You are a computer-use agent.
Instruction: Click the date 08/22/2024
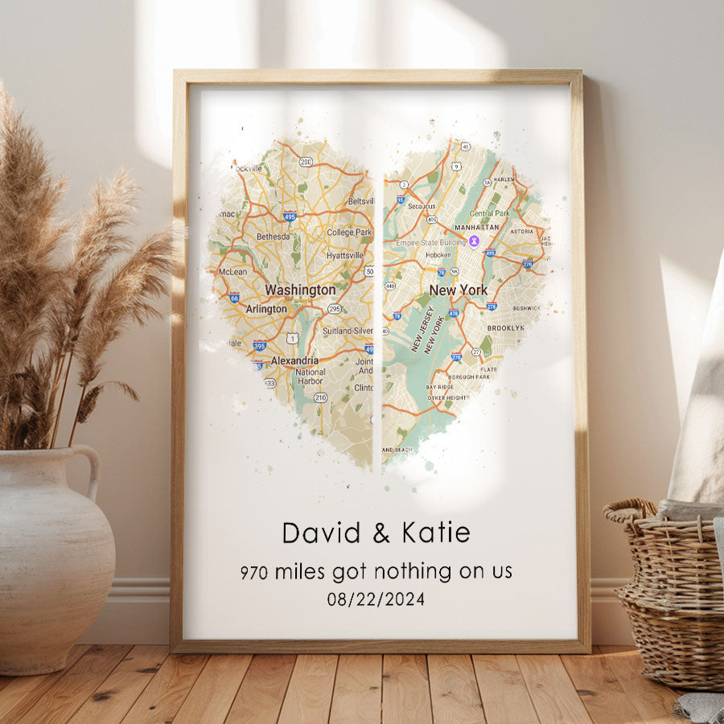pos(376,599)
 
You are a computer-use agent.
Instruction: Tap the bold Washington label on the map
pos(300,290)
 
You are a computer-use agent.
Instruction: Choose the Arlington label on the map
pos(265,309)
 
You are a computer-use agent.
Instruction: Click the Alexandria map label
pos(294,360)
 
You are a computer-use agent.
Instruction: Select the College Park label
pos(349,232)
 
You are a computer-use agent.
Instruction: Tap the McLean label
pos(233,272)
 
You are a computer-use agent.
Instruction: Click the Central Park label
pos(490,213)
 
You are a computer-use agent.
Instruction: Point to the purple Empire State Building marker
pos(475,240)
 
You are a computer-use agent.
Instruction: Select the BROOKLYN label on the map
pos(505,328)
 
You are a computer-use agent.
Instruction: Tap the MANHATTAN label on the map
pos(477,228)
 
